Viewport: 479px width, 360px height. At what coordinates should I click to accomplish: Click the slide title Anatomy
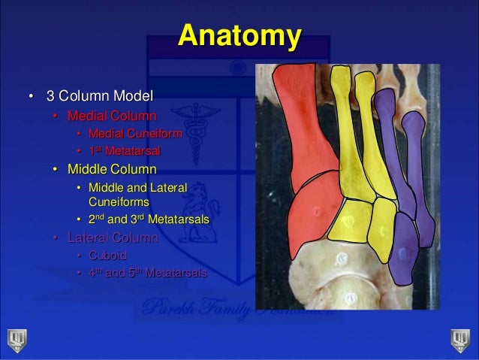pyautogui.click(x=239, y=36)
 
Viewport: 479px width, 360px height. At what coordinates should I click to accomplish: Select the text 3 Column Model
pyautogui.click(x=99, y=97)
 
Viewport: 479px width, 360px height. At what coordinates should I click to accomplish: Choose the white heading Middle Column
pyautogui.click(x=112, y=168)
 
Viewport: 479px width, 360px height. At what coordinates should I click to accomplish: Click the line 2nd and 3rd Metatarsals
pyautogui.click(x=148, y=220)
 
